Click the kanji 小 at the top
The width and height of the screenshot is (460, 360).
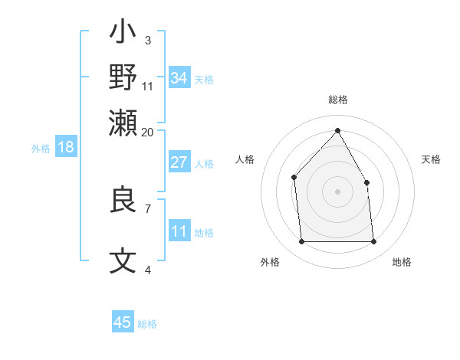point(123,34)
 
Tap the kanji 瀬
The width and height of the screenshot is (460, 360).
point(123,123)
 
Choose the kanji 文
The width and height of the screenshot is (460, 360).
point(123,261)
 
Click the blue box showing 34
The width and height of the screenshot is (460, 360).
point(179,78)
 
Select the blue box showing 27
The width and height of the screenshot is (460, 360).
point(179,162)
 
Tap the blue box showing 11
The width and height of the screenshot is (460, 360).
point(179,231)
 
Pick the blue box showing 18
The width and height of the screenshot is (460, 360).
point(66,147)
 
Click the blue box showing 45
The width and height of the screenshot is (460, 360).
point(123,322)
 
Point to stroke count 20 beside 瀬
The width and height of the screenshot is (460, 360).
point(148,132)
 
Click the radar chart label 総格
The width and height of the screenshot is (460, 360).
point(337,100)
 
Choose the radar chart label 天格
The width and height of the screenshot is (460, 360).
point(432,159)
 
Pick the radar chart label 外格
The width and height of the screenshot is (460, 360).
point(270,262)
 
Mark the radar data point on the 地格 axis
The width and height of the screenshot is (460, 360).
point(373,242)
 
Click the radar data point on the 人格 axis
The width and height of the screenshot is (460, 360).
point(294,178)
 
